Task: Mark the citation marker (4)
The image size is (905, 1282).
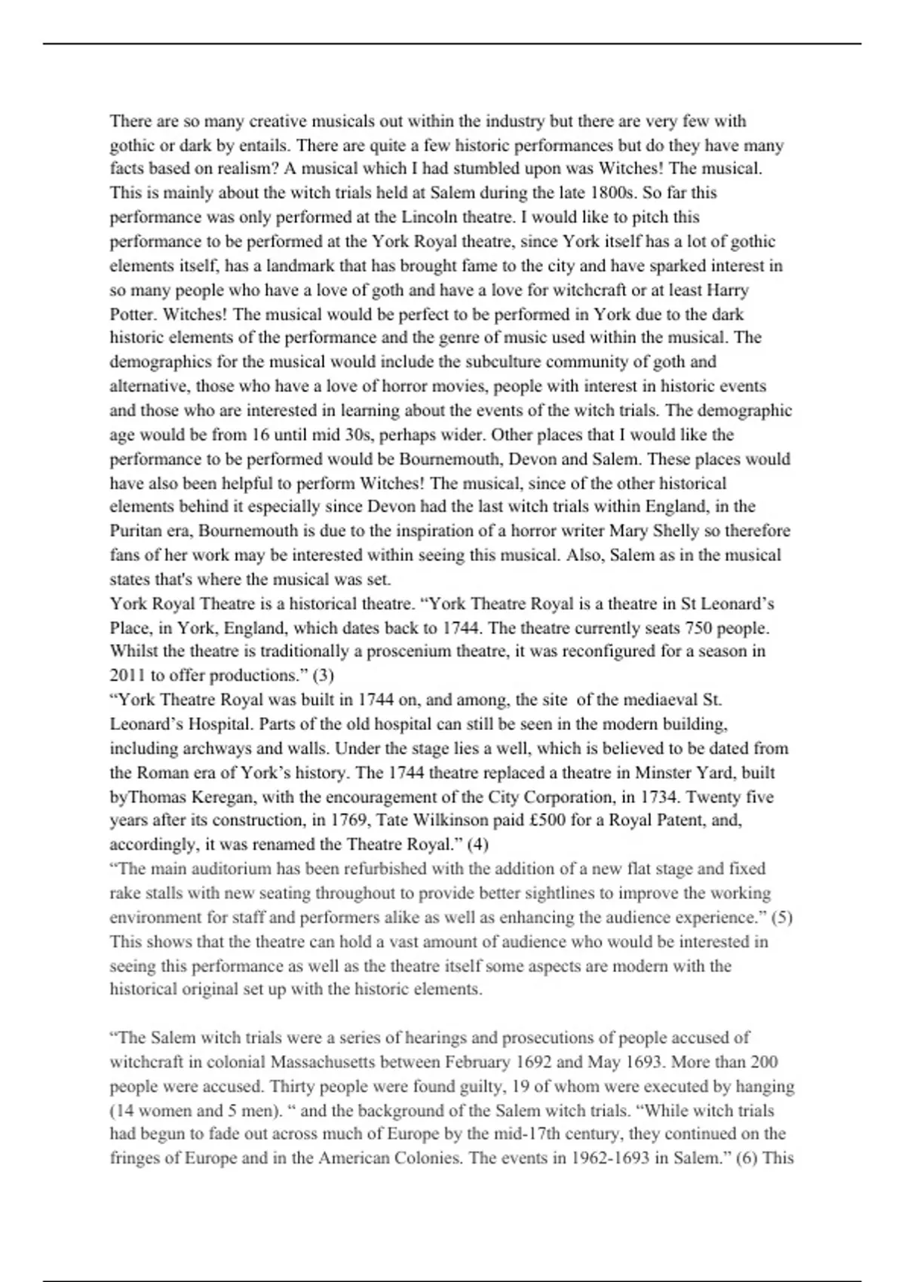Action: [x=477, y=845]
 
